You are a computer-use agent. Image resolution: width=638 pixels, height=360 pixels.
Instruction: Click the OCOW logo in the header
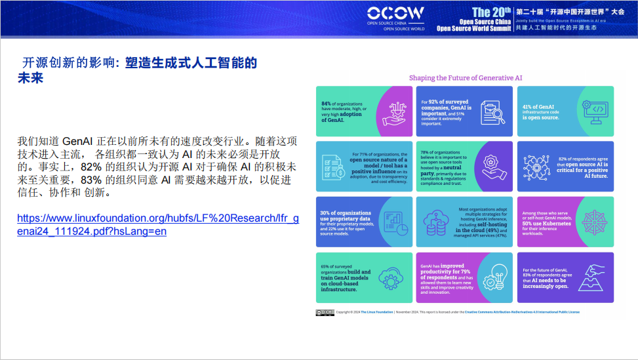(x=395, y=13)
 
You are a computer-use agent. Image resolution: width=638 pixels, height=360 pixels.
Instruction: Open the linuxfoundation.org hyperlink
(x=157, y=225)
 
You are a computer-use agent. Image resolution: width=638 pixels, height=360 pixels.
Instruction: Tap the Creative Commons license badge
(x=325, y=312)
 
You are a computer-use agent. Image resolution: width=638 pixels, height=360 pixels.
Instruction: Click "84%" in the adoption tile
(x=327, y=104)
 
